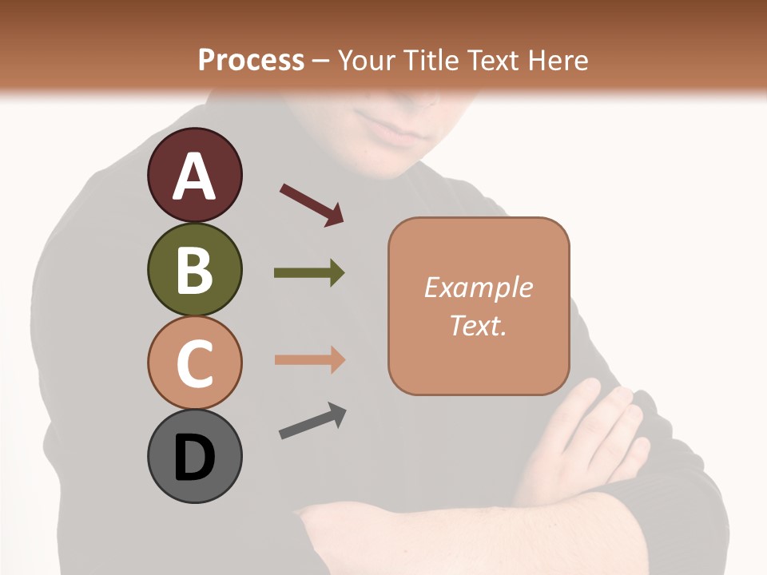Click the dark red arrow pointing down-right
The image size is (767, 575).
[312, 204]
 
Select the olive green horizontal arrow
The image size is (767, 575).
[309, 273]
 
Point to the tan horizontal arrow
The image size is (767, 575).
[309, 359]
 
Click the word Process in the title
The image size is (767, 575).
[251, 60]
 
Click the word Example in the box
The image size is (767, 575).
[478, 287]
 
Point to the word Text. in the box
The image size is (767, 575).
[478, 325]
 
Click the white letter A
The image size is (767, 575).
[194, 176]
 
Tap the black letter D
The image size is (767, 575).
[194, 458]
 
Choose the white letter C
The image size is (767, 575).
[194, 364]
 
